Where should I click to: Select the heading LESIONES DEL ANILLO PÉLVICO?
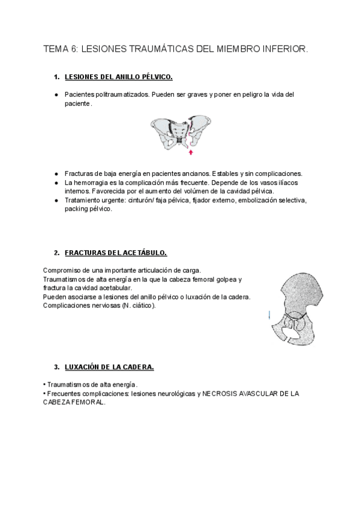(x=118, y=77)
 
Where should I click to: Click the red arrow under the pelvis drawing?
(x=190, y=152)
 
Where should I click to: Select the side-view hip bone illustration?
(x=290, y=310)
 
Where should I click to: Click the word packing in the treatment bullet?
(x=77, y=209)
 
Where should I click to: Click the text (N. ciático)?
(x=138, y=306)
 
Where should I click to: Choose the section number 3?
(x=56, y=367)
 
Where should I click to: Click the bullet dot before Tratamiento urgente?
(x=56, y=200)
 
